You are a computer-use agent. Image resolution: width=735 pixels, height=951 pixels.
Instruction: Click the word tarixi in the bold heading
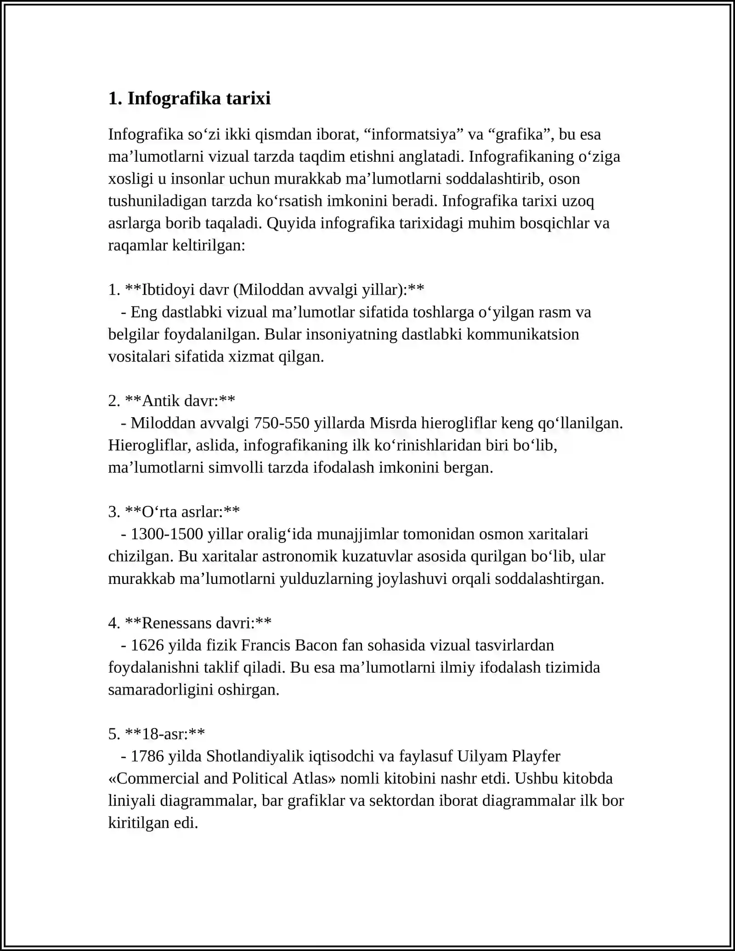point(248,98)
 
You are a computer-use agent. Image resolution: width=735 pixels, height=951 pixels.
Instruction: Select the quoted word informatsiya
point(413,135)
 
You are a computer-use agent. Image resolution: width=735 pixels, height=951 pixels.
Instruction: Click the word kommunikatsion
point(523,334)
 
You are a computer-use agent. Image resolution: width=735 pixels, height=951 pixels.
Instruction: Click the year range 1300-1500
point(167,534)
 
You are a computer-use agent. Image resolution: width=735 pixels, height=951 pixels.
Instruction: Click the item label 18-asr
point(164,734)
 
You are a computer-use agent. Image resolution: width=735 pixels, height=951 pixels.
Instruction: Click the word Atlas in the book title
point(317,778)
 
